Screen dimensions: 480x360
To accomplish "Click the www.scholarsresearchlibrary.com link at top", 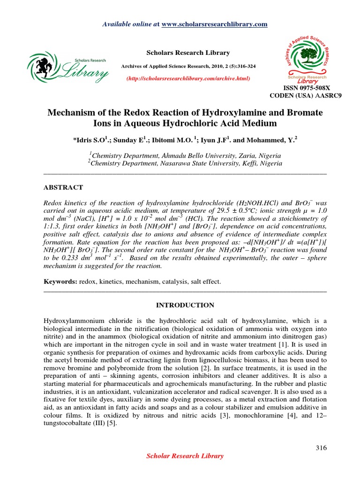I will (214, 24).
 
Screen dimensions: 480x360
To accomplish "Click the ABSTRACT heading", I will (63, 187).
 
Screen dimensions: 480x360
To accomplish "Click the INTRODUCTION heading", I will (185, 305).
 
